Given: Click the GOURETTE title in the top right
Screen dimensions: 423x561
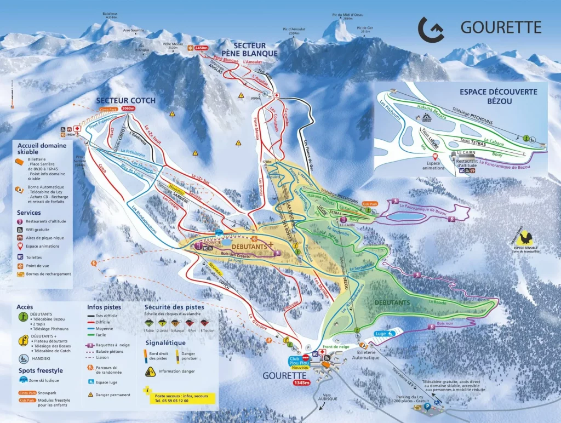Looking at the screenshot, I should [500, 27].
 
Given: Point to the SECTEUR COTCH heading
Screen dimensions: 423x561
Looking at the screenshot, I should [125, 100].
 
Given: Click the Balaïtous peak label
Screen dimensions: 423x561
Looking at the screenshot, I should [110, 14].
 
